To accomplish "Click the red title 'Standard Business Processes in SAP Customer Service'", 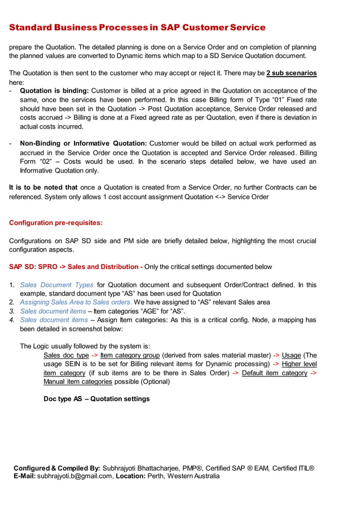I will (x=137, y=27).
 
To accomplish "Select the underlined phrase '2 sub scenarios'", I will (x=291, y=73).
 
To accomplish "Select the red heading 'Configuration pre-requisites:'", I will (x=56, y=223).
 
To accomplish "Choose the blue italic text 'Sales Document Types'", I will (x=56, y=284).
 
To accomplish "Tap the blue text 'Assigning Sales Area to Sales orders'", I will (x=75, y=302).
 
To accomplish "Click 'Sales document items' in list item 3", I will (x=53, y=311).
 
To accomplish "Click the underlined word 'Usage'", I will (x=292, y=355).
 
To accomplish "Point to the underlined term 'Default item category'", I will (x=275, y=372).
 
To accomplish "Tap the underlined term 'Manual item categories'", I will (x=77, y=381).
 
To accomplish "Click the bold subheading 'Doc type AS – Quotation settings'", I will (x=96, y=398).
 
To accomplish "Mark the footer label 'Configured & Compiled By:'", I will (x=57, y=468).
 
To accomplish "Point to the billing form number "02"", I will (x=46, y=161).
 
